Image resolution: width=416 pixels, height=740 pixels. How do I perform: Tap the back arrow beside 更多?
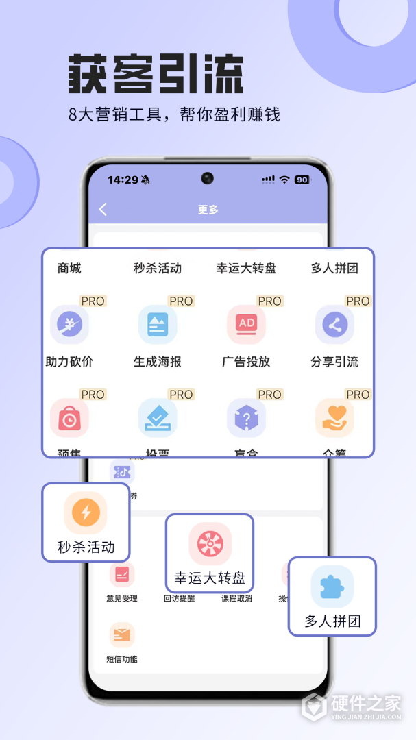(x=103, y=210)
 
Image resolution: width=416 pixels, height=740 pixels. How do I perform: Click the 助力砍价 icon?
(x=69, y=324)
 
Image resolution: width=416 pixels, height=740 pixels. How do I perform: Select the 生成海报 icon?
(x=158, y=324)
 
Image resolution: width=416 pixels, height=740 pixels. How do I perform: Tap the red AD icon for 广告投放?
(x=246, y=324)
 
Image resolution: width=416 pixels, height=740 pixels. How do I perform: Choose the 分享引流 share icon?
(x=334, y=324)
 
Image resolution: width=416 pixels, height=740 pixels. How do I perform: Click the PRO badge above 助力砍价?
(x=93, y=301)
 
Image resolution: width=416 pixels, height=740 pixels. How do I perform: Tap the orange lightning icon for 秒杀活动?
(x=86, y=513)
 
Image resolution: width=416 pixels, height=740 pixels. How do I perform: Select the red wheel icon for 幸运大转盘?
(x=210, y=543)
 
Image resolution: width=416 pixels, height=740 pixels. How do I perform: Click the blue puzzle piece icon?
(x=332, y=587)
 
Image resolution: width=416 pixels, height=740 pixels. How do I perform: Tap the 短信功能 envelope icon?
(x=122, y=635)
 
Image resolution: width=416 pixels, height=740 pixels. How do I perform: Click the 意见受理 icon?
(x=122, y=574)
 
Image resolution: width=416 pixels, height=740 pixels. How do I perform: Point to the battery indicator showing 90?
(x=302, y=180)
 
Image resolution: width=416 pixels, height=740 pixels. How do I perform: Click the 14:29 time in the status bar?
(x=123, y=180)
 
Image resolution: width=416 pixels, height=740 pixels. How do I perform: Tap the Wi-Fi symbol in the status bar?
(x=284, y=180)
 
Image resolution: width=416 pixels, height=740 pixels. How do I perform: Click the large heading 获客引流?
(x=156, y=75)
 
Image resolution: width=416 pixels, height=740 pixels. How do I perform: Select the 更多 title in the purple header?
(x=208, y=210)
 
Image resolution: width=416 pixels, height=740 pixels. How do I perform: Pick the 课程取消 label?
(x=236, y=598)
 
